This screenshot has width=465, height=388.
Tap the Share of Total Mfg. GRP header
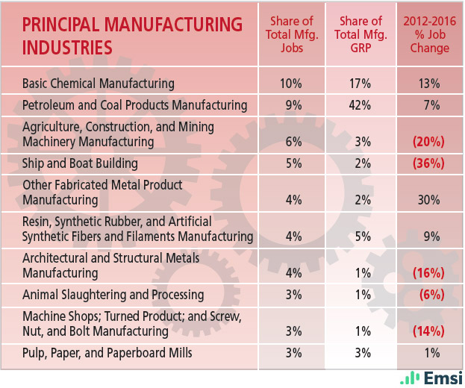coord(361,35)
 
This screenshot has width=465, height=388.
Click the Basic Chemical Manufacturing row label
coord(99,84)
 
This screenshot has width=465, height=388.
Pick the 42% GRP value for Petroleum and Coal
coord(360,105)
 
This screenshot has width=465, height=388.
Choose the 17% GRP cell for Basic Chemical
coord(360,84)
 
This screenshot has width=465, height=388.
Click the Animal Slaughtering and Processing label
coord(113,294)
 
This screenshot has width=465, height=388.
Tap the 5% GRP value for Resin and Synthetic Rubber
coord(360,237)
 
